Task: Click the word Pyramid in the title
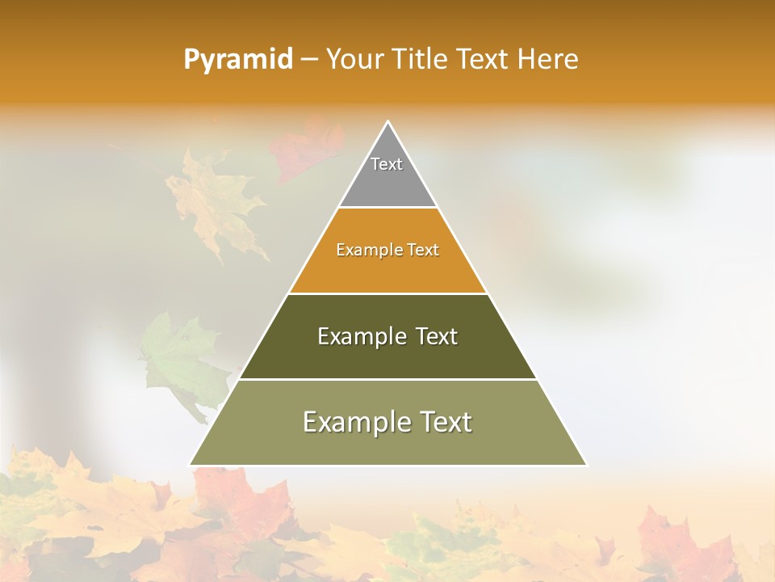coord(237,60)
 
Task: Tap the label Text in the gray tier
coord(387,164)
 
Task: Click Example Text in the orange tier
coord(387,250)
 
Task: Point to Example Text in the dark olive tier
coord(387,336)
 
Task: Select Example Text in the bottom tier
coord(387,422)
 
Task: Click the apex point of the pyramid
coord(388,123)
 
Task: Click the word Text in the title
coord(484,60)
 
